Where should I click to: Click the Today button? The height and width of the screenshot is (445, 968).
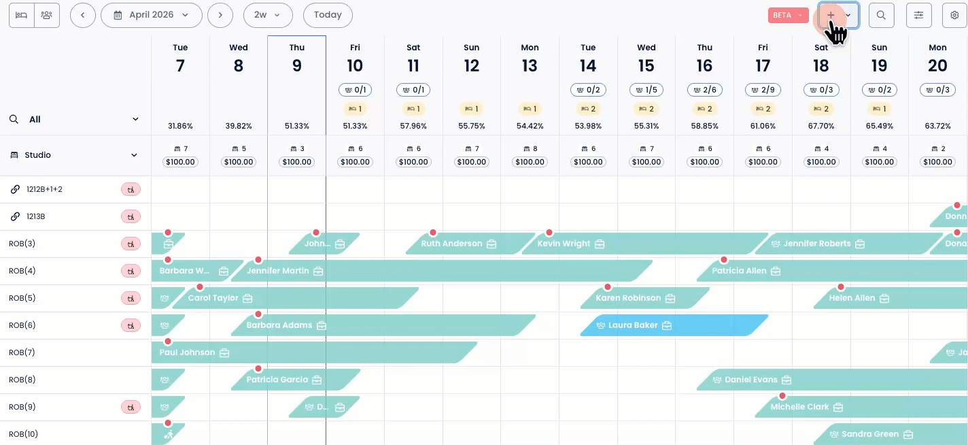(328, 15)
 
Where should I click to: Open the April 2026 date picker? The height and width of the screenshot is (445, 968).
(152, 15)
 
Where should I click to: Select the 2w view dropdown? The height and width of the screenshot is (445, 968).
(267, 15)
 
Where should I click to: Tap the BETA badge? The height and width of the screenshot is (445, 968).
(787, 15)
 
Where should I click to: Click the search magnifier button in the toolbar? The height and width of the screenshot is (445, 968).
(881, 15)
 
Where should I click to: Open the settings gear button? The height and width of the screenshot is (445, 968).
(954, 15)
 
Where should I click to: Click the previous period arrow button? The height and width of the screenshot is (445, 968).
(82, 15)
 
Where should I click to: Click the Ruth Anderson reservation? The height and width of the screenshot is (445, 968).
(451, 244)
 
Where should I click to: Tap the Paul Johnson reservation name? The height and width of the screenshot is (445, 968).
(187, 352)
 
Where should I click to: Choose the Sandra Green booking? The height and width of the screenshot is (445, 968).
(870, 434)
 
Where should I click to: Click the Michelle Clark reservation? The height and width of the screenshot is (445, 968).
(799, 407)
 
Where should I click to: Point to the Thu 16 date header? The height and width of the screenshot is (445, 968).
(704, 59)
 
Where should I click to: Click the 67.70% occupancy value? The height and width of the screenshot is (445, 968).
(821, 126)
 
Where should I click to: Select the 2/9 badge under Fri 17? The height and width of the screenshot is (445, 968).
(763, 90)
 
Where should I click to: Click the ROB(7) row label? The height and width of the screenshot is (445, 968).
(22, 352)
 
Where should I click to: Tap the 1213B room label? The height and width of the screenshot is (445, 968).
(35, 216)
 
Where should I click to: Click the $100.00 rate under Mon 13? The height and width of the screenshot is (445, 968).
(530, 162)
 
